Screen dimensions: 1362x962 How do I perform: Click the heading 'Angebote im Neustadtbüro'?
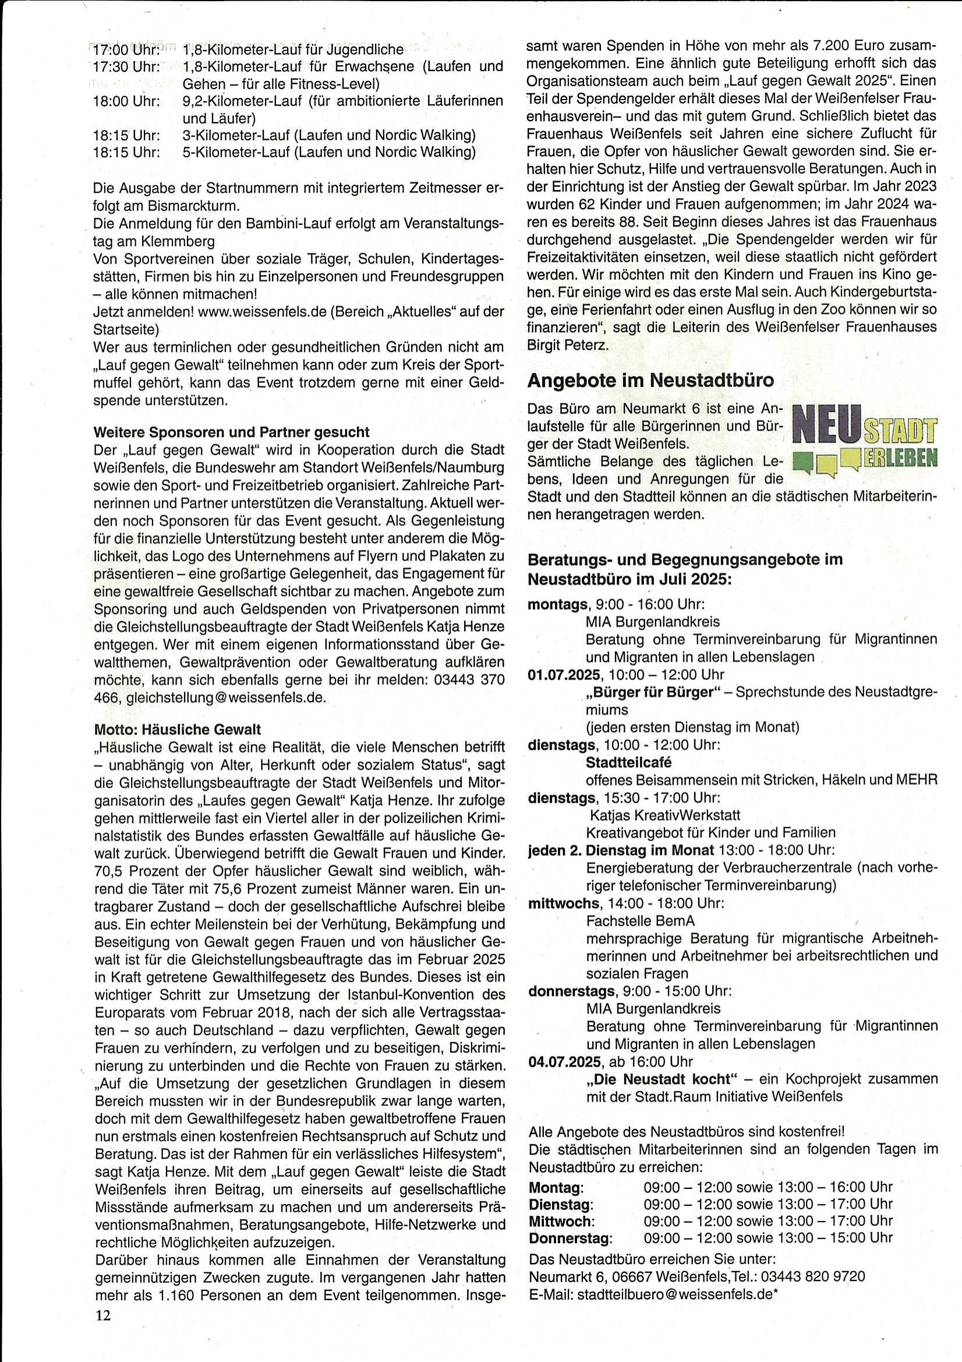tap(650, 380)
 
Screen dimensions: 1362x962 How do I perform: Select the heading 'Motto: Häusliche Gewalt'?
tap(178, 729)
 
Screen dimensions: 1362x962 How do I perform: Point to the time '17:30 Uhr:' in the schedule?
tap(126, 66)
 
